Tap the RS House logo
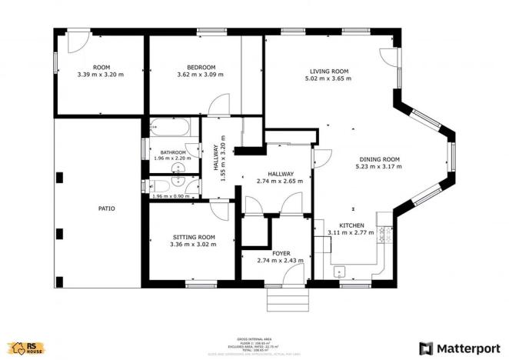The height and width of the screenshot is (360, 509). (x=25, y=348)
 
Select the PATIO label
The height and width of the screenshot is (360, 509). (x=106, y=208)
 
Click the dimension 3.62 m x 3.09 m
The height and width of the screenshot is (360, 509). (x=199, y=75)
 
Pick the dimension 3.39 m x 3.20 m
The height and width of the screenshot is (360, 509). (x=101, y=75)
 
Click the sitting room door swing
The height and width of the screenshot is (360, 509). (x=218, y=210)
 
